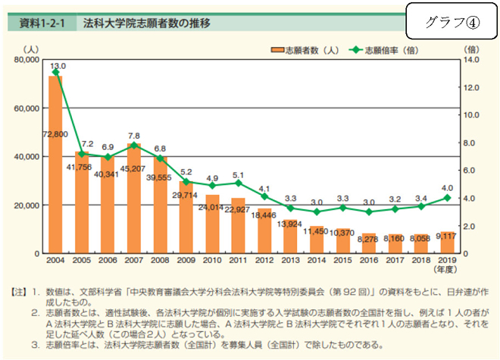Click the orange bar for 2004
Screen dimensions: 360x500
click(55, 167)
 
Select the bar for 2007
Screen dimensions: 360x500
click(133, 201)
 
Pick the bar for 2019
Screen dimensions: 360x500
click(447, 243)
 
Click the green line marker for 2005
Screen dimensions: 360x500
click(81, 154)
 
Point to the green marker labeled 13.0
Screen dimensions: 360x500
click(55, 73)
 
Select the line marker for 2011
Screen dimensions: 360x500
click(238, 183)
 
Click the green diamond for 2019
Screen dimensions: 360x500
click(447, 198)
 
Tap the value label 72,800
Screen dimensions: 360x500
click(55, 134)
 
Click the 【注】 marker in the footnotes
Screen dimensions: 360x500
click(18, 292)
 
